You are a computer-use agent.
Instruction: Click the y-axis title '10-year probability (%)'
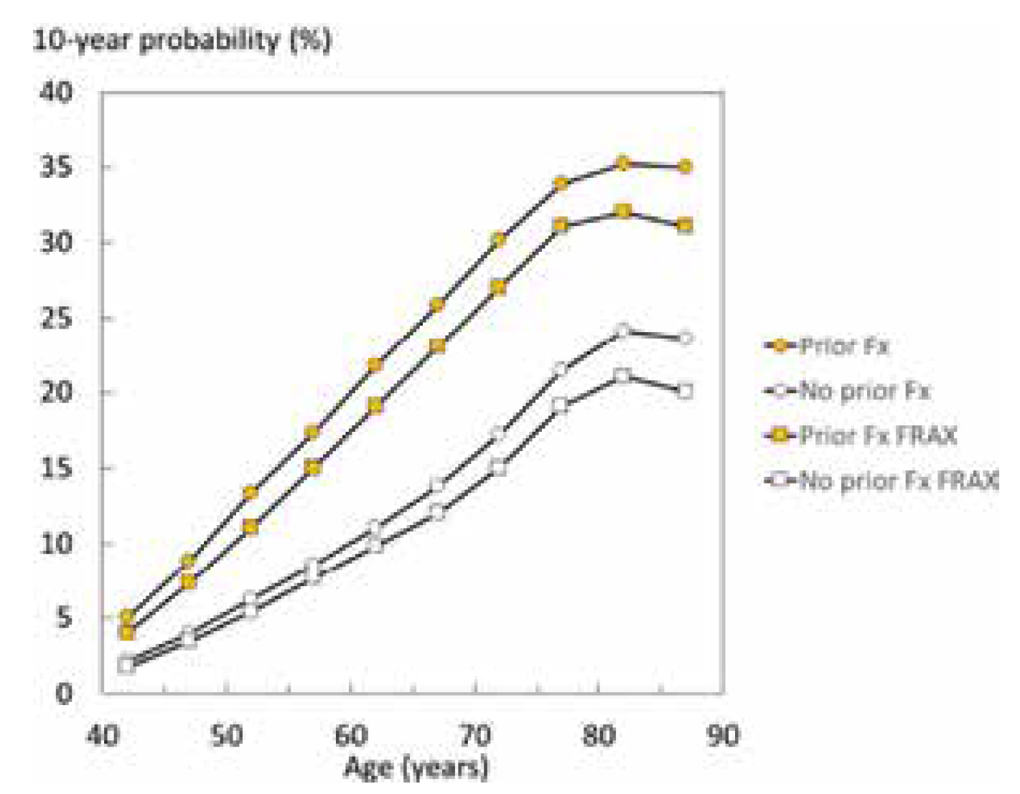(x=182, y=40)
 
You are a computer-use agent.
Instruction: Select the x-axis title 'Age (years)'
(x=416, y=767)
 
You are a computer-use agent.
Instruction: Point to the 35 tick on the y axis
(x=57, y=167)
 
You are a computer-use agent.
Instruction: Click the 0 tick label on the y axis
(x=64, y=693)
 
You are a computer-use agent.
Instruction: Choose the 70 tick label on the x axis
(x=474, y=735)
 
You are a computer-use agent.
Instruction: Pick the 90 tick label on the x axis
(x=722, y=735)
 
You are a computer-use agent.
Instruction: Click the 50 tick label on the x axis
(x=226, y=735)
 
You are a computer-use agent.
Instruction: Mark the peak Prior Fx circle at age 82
(x=623, y=164)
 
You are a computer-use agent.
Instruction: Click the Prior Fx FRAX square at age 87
(x=685, y=225)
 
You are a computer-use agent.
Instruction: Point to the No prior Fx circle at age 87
(x=685, y=338)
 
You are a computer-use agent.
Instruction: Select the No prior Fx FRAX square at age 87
(x=685, y=392)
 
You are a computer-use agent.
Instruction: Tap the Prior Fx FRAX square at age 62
(x=375, y=406)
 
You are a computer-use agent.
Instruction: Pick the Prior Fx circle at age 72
(x=499, y=240)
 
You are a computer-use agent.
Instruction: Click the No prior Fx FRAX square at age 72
(x=499, y=468)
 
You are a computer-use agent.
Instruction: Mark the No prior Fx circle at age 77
(x=561, y=369)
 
